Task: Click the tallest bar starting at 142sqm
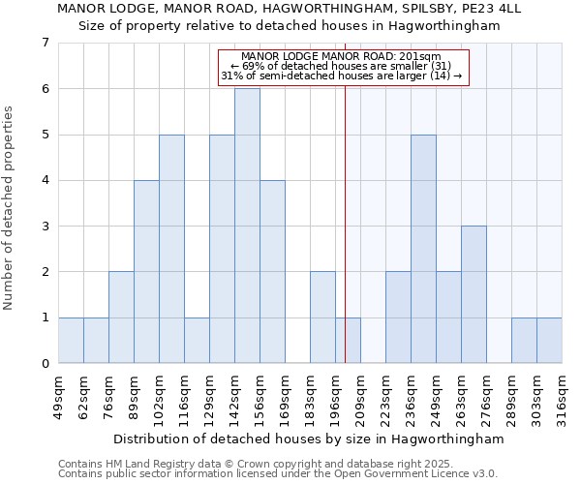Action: tap(247, 226)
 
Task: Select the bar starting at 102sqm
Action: tap(171, 249)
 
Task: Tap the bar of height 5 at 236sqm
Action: tap(423, 249)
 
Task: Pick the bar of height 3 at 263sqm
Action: tap(474, 294)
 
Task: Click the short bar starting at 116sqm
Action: tap(197, 340)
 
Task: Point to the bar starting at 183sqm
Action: tap(322, 318)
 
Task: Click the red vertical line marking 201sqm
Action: tap(346, 223)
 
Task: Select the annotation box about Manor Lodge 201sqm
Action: tap(343, 67)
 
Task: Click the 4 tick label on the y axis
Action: tap(45, 180)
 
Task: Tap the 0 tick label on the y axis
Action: tap(45, 364)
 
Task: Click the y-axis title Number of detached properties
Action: tap(10, 208)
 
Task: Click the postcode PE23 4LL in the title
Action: tap(493, 9)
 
